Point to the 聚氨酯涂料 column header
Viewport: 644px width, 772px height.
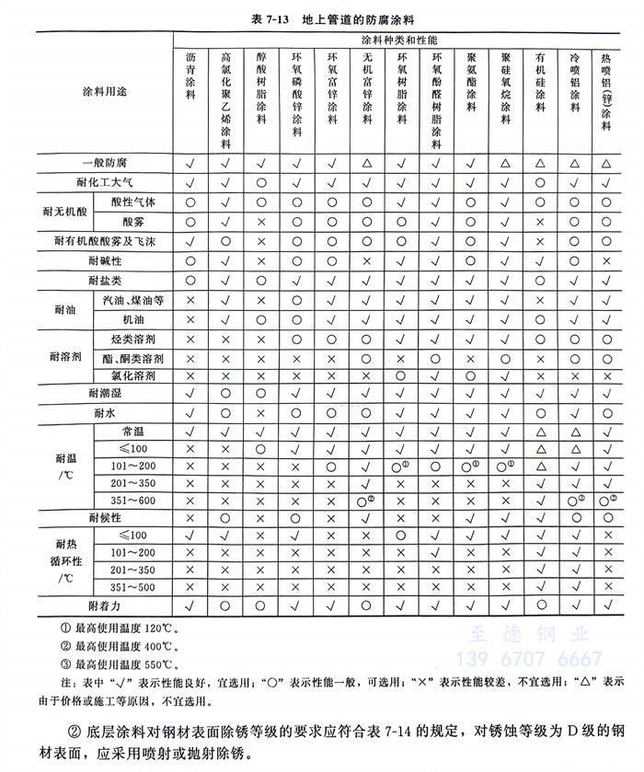click(x=470, y=84)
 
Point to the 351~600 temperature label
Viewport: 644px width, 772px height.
click(x=132, y=500)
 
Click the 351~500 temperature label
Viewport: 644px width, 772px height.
click(x=132, y=587)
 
